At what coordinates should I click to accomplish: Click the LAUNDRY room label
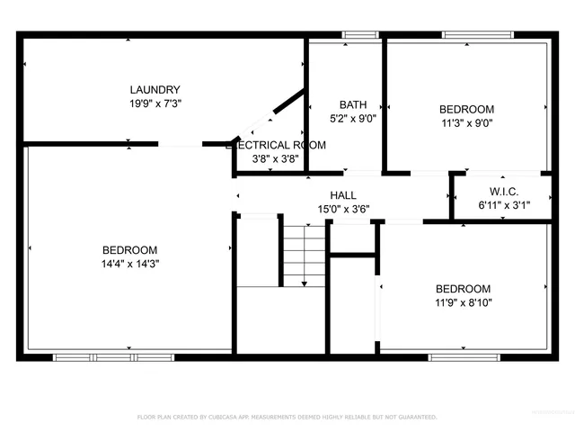click(x=155, y=89)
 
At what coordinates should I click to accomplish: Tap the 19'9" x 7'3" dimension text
click(x=155, y=104)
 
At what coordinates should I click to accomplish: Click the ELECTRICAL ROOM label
click(x=276, y=145)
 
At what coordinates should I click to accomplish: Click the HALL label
click(x=342, y=194)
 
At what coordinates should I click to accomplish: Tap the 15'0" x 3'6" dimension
click(x=342, y=209)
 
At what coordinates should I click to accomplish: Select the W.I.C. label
click(x=503, y=191)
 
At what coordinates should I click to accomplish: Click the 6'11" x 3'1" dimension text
click(x=503, y=205)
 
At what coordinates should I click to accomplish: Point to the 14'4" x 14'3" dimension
click(x=129, y=264)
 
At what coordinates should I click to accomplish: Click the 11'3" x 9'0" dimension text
click(x=466, y=123)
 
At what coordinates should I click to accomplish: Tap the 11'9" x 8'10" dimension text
click(x=463, y=302)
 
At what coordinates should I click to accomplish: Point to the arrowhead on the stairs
click(x=304, y=283)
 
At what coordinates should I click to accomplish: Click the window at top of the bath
click(x=360, y=36)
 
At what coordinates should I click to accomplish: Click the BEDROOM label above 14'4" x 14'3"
click(x=129, y=249)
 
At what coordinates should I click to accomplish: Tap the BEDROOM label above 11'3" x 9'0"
click(x=466, y=109)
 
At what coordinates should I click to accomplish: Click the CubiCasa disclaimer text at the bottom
click(x=287, y=418)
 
